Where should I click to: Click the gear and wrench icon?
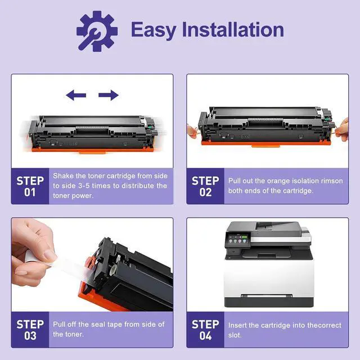click(x=97, y=31)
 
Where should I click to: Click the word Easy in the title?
click(x=154, y=30)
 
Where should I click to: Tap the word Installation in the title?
click(x=233, y=29)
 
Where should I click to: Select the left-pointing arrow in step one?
click(x=76, y=95)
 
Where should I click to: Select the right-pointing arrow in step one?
click(x=109, y=95)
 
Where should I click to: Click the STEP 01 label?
click(x=30, y=186)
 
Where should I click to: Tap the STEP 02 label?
click(x=205, y=186)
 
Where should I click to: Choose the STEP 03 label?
click(x=30, y=330)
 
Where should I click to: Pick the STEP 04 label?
click(x=205, y=330)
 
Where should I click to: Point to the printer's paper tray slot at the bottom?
click(x=267, y=296)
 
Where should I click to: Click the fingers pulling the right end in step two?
click(x=343, y=129)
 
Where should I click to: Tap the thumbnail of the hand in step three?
click(x=50, y=255)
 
